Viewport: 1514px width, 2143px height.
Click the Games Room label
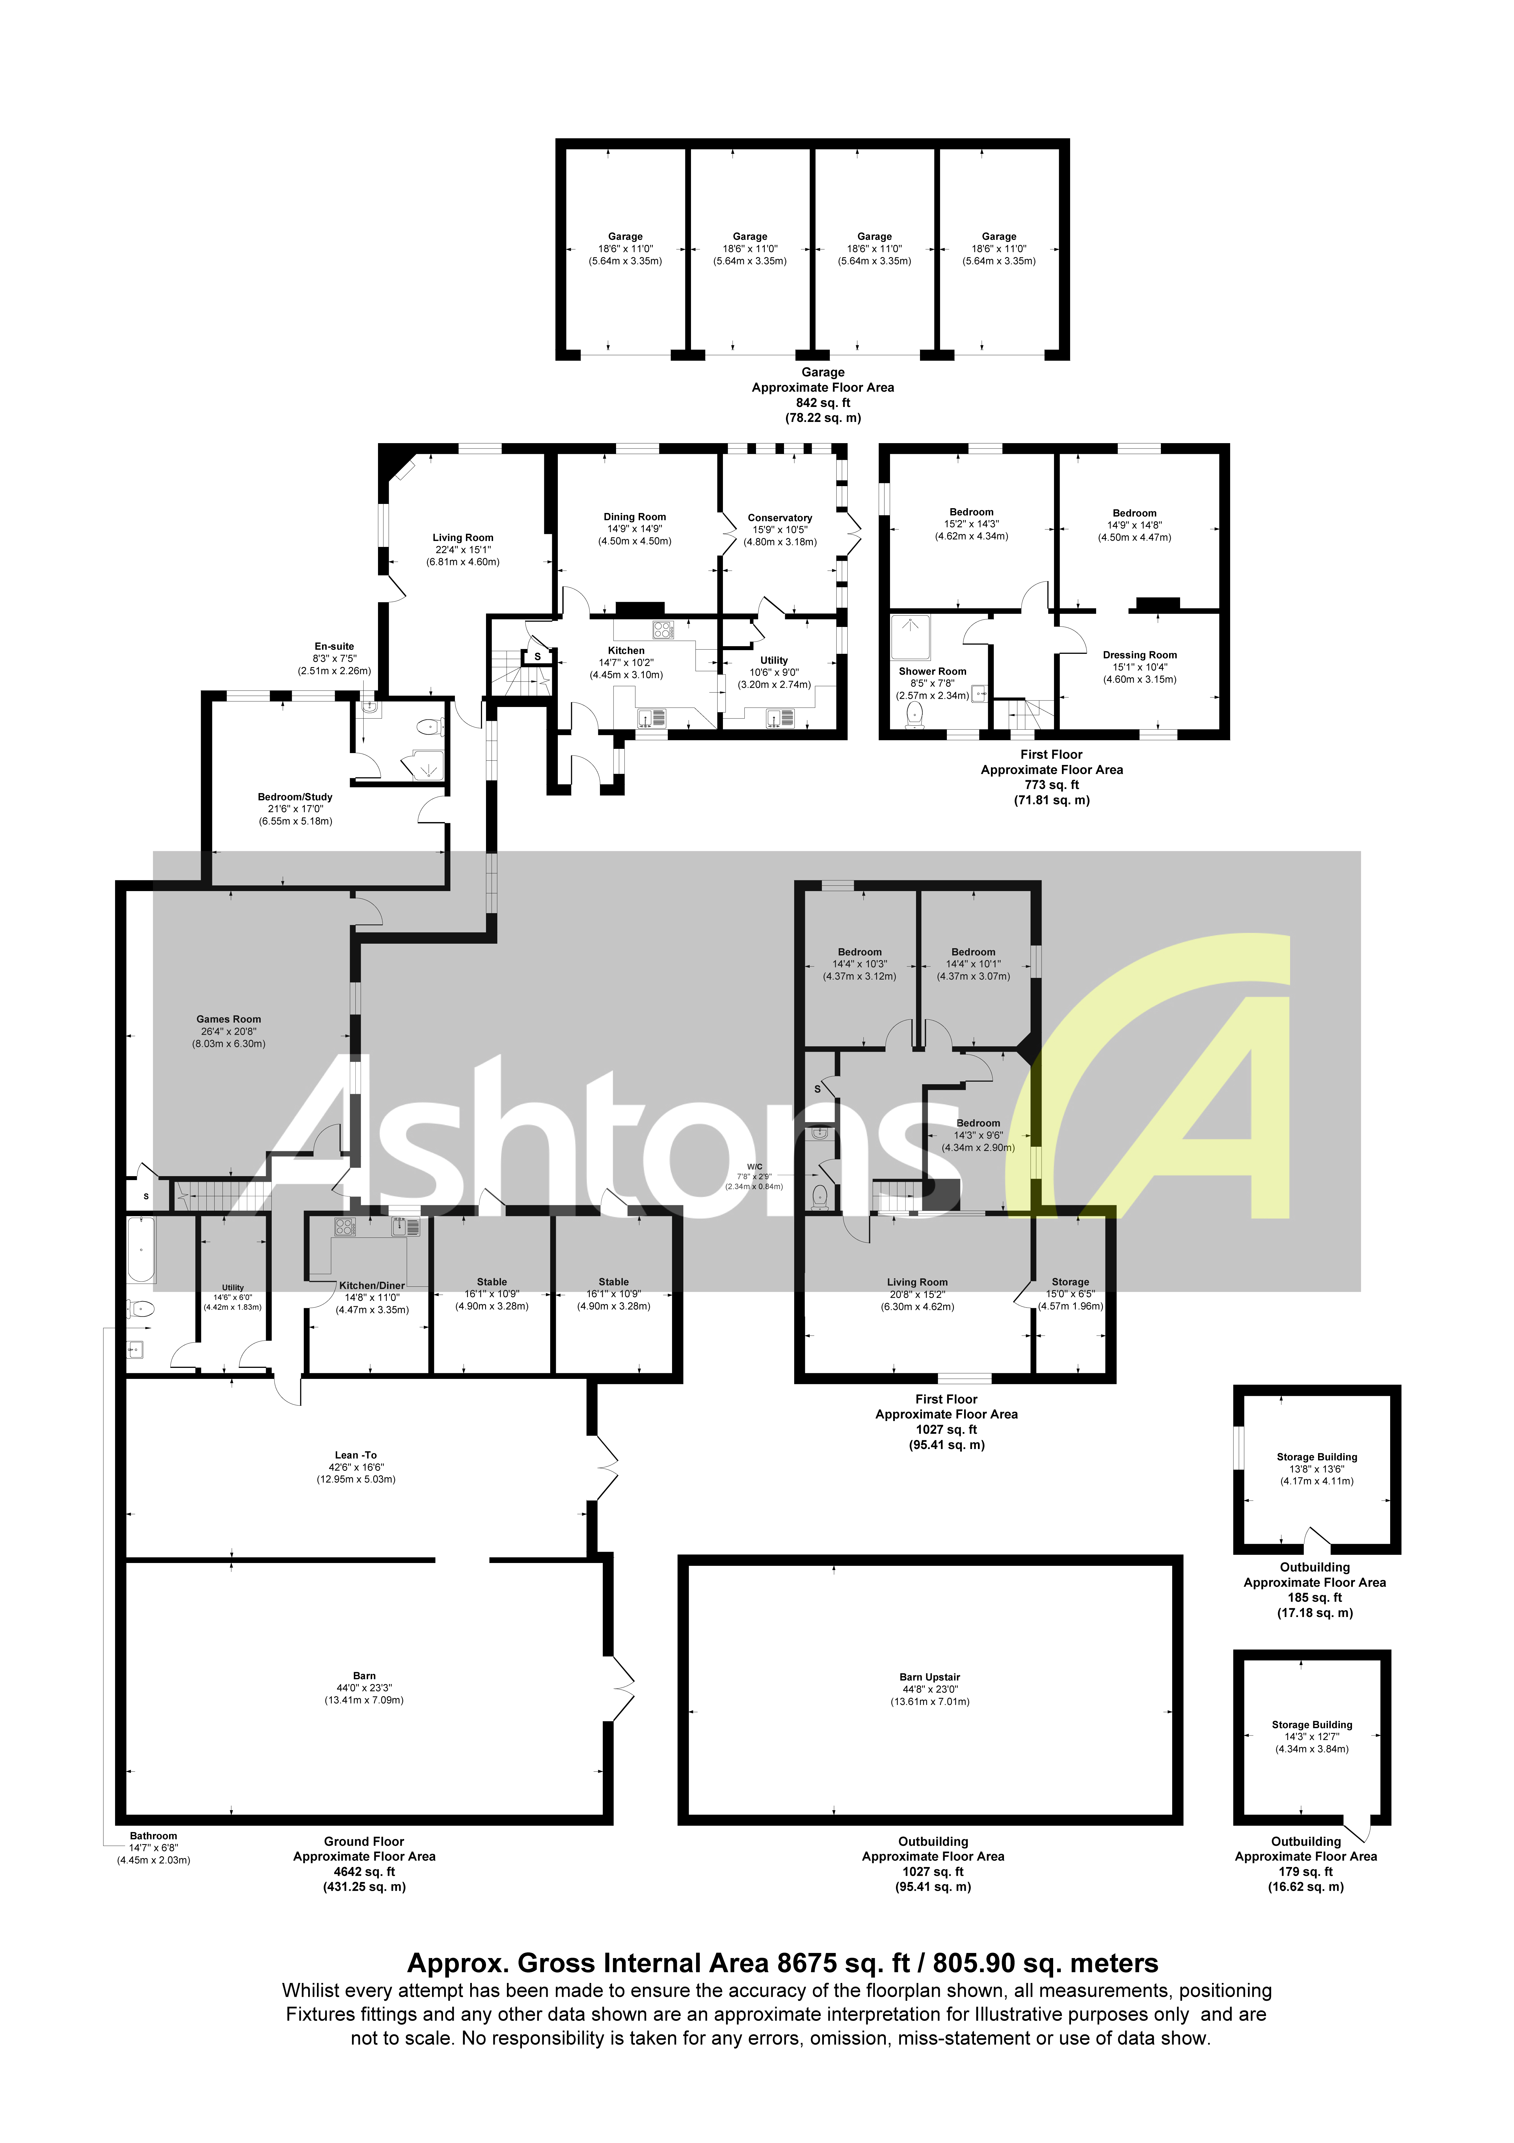click(229, 1019)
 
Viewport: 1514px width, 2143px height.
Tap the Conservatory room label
click(779, 518)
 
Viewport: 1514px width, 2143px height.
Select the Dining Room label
click(635, 517)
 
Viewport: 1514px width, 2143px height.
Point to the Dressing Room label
click(1140, 655)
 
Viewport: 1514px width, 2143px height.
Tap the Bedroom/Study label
click(295, 797)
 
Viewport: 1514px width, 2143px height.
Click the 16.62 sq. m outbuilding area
click(1305, 1886)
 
